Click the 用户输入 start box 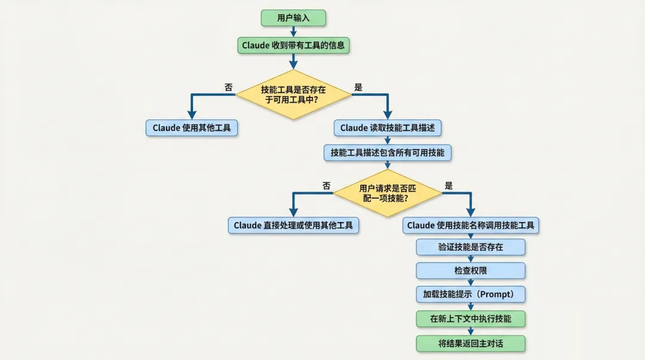pos(293,18)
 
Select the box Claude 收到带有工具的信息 pos(293,45)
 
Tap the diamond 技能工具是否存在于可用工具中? pos(293,94)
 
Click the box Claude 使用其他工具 pos(192,128)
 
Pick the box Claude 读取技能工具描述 pos(388,128)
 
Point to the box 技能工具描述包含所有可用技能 pos(388,153)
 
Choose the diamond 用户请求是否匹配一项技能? pos(388,193)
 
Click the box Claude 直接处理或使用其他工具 pos(293,225)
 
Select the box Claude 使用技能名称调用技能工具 pos(471,225)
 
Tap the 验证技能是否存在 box pos(471,247)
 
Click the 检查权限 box pos(471,270)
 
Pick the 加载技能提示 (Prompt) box pos(471,294)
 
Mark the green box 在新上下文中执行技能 pos(471,319)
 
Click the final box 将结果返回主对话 pos(471,343)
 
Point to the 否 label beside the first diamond pos(229,87)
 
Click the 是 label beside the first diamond pos(358,87)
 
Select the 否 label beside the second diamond pos(327,186)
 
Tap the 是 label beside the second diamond pos(449,186)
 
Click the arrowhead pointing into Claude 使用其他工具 pos(192,115)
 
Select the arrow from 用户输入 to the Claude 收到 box pos(293,31)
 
